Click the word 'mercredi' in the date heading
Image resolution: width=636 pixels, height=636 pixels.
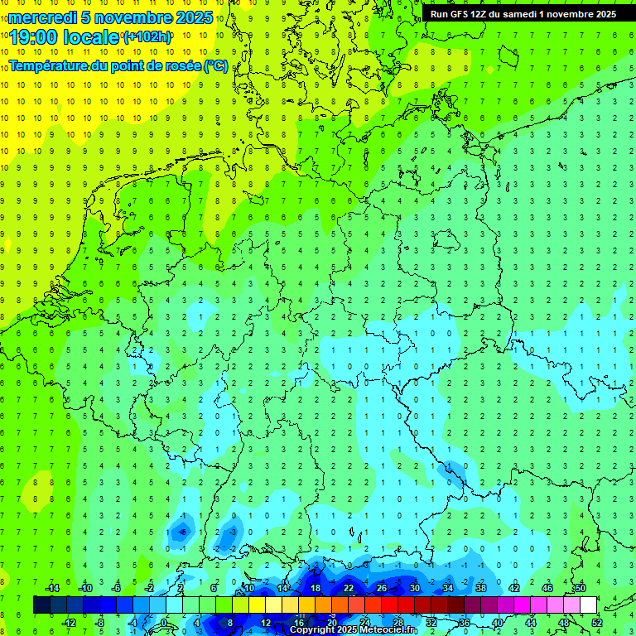click(42, 17)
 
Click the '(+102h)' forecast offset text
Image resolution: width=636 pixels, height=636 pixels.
click(147, 36)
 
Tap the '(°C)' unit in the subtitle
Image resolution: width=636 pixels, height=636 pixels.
click(216, 65)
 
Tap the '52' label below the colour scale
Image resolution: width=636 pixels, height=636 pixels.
click(597, 622)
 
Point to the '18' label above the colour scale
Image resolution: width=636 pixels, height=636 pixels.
click(316, 588)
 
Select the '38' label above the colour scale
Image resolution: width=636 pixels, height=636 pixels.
click(481, 588)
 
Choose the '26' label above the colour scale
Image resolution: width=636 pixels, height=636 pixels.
click(382, 588)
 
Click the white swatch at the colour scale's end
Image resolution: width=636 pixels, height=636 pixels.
click(588, 605)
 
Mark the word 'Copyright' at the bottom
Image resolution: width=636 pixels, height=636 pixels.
click(313, 630)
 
